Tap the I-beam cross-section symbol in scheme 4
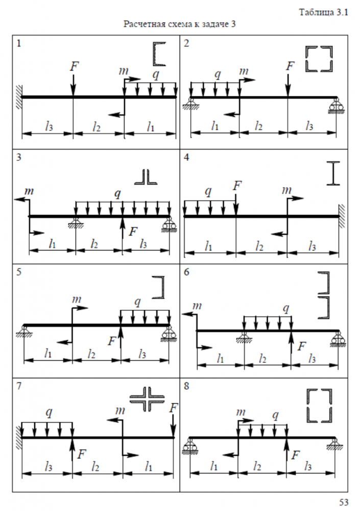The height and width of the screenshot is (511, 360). [333, 173]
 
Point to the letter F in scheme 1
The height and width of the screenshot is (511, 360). [75, 66]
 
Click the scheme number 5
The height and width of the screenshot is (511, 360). [19, 272]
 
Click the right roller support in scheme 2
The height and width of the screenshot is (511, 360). [336, 105]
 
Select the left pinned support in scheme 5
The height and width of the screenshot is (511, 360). [24, 331]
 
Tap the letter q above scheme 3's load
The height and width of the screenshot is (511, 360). [118, 193]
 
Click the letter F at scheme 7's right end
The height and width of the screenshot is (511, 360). [174, 407]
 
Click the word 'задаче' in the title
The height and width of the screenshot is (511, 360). [209, 25]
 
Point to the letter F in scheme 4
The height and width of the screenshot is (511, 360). [236, 185]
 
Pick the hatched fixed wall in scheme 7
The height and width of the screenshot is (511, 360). [18, 437]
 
